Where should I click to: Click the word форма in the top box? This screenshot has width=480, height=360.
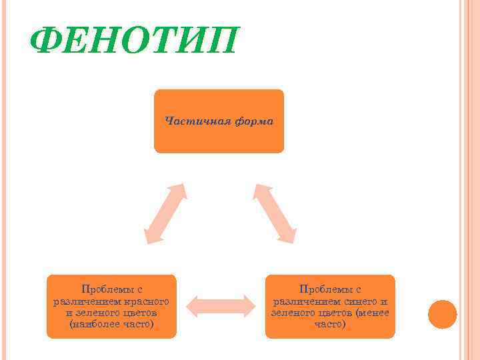coord(253,121)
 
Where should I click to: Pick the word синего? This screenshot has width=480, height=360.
coord(360,301)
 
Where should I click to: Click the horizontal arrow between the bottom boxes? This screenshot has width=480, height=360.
coord(221,306)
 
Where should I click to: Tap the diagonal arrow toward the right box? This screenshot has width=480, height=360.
coord(275,212)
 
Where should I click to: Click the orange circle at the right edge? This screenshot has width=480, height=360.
coord(442,314)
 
